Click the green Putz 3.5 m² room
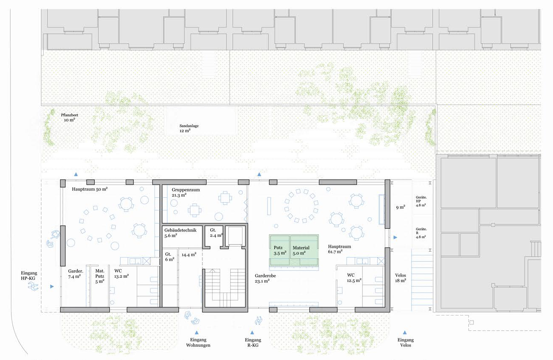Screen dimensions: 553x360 [x=279, y=250]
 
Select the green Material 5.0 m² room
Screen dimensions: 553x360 [x=304, y=250]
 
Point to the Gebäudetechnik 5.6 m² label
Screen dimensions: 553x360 [x=180, y=233]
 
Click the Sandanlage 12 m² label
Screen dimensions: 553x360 [x=189, y=128]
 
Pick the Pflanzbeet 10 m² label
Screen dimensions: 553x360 [x=69, y=117]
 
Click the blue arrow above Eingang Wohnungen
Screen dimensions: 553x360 [x=196, y=332]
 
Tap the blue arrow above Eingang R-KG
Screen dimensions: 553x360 [x=252, y=332]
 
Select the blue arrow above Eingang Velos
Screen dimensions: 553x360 [x=405, y=332]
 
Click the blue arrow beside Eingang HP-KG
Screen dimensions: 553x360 [x=52, y=286]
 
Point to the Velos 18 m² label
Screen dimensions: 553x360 [x=401, y=278]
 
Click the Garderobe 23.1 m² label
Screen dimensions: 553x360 [x=265, y=278]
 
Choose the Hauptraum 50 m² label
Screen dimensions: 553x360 [x=90, y=189]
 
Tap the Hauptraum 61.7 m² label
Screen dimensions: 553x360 [x=339, y=249]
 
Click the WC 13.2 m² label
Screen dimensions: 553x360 [x=122, y=274]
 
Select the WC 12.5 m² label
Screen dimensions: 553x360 [x=354, y=277]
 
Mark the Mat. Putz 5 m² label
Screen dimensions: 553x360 [x=100, y=276]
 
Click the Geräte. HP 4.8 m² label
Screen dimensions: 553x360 [x=421, y=201]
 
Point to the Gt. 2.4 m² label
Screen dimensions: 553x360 [x=216, y=233]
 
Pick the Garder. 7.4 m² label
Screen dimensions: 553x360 [x=75, y=274]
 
